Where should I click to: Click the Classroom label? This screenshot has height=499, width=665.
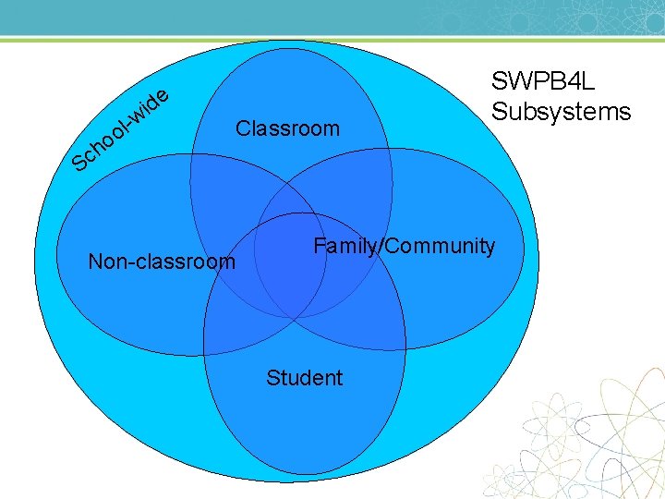287,128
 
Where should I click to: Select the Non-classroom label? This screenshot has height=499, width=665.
161,262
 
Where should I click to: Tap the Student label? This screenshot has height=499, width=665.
304,377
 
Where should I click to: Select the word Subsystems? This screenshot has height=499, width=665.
561,112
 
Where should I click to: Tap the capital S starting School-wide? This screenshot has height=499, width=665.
81,164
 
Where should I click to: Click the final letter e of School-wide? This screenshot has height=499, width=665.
162,93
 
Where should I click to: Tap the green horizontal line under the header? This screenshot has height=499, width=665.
332,40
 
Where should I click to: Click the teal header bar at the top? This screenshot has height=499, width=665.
332,17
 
